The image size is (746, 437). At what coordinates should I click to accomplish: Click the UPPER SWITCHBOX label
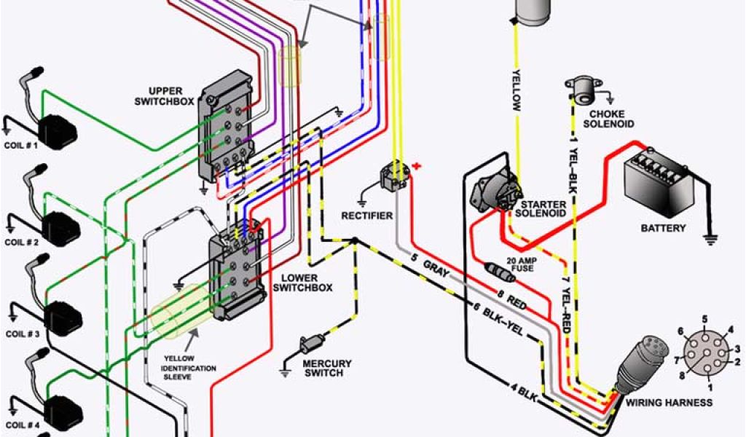pos(165,95)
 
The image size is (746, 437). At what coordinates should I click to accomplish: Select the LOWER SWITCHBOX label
pos(302,283)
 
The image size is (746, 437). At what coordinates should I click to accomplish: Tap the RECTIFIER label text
pos(367,216)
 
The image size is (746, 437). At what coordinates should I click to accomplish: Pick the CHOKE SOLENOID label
pos(611,119)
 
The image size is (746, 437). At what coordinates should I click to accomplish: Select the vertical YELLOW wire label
pos(516,90)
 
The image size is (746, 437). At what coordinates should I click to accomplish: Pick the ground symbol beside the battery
pos(707,237)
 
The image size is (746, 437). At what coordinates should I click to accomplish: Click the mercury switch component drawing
pos(316,342)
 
